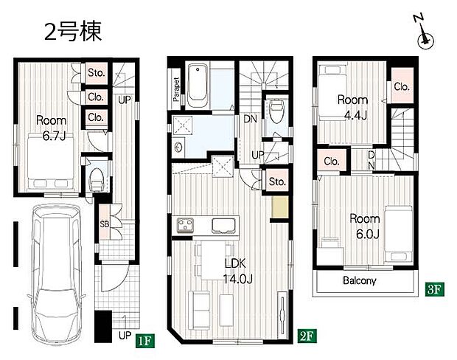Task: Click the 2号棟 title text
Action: (71, 32)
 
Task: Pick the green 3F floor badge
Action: (434, 289)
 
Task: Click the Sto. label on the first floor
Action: (97, 73)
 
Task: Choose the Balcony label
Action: (360, 281)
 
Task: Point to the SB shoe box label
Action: (105, 224)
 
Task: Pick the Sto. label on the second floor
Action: (276, 181)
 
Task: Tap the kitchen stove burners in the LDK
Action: (184, 225)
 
